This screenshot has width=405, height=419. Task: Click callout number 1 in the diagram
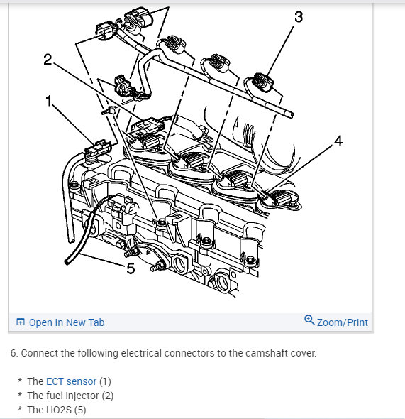pyautogui.click(x=48, y=102)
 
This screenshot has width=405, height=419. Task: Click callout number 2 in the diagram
pyautogui.click(x=48, y=60)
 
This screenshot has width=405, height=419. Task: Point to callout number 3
pyautogui.click(x=299, y=16)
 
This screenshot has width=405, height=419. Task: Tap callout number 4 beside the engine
pyautogui.click(x=338, y=141)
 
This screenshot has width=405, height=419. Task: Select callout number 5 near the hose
pyautogui.click(x=131, y=268)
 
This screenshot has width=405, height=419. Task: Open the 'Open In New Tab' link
pyautogui.click(x=67, y=322)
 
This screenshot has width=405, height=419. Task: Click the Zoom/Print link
pyautogui.click(x=343, y=322)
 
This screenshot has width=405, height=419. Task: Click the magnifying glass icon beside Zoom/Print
pyautogui.click(x=309, y=320)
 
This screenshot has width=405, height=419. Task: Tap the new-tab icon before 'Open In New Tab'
pyautogui.click(x=21, y=322)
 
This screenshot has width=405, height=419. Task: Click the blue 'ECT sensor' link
pyautogui.click(x=71, y=381)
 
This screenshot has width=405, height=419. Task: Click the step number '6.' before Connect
pyautogui.click(x=14, y=353)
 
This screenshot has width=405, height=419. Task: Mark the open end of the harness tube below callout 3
pyautogui.click(x=291, y=115)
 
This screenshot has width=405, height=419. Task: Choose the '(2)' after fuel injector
pyautogui.click(x=108, y=396)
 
